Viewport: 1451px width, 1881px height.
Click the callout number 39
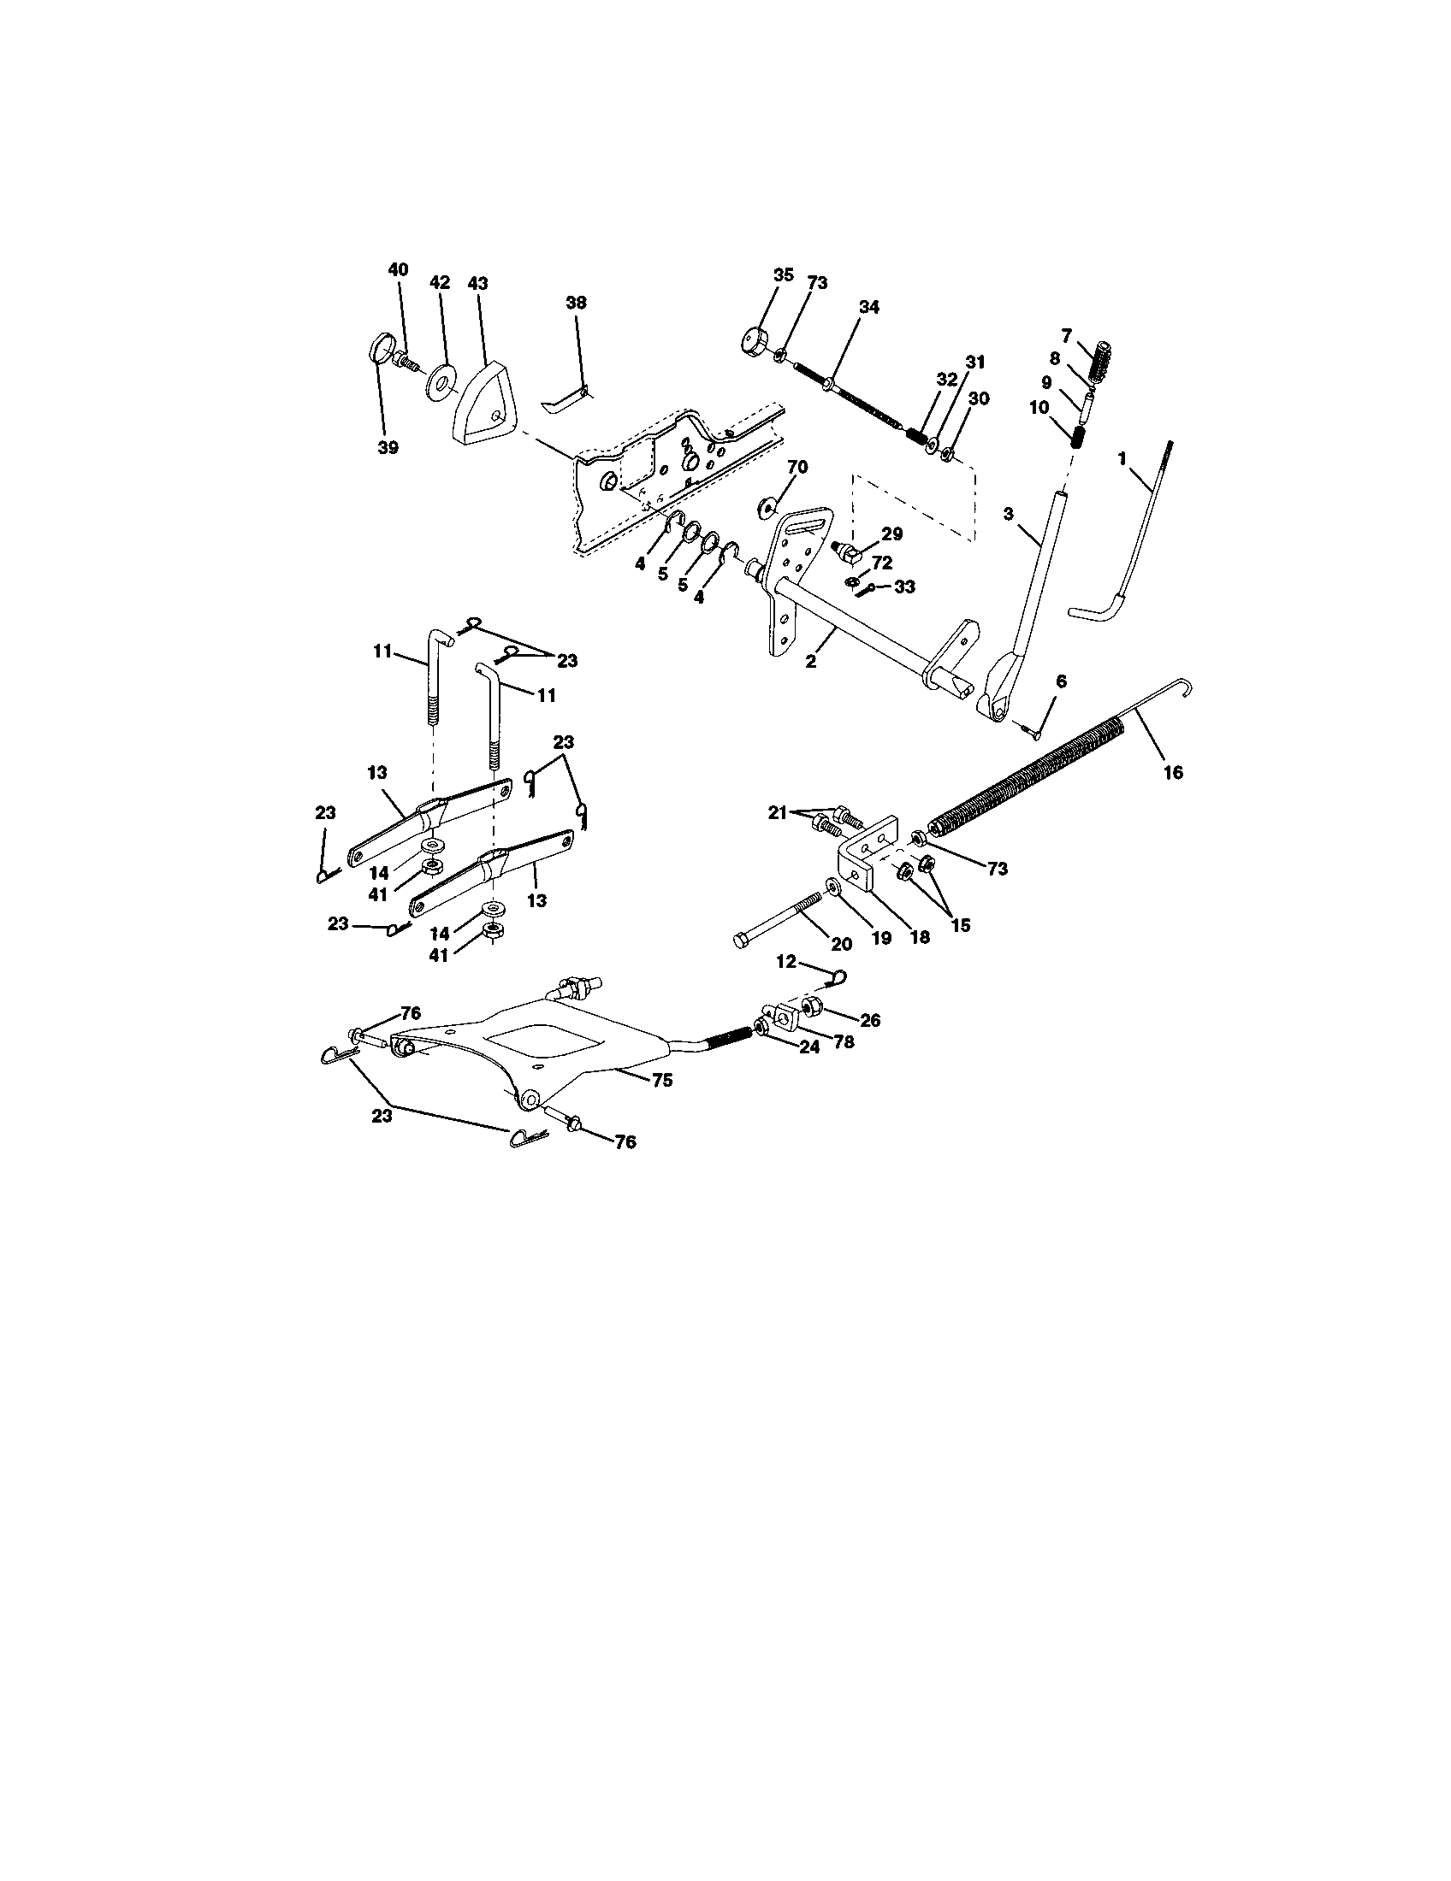tap(388, 448)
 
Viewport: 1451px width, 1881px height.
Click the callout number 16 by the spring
tap(1173, 773)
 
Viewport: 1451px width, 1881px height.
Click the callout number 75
tap(661, 1080)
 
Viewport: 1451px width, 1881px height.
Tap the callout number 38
tap(576, 303)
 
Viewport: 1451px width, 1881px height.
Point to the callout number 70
tap(797, 468)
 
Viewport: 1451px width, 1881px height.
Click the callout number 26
tap(870, 1020)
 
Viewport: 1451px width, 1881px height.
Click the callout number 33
tap(903, 587)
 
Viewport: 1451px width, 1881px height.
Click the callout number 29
tap(891, 534)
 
